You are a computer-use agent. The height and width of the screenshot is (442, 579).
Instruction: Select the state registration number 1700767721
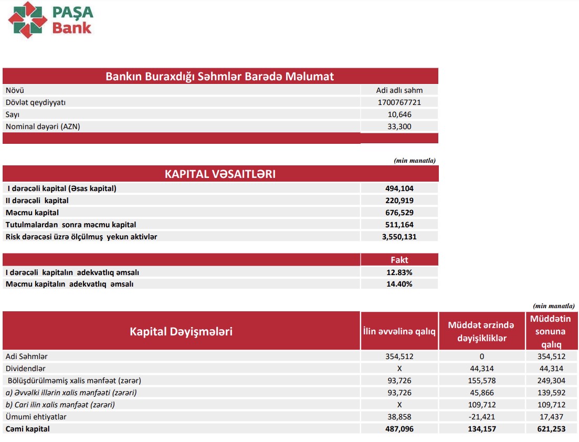[399, 102]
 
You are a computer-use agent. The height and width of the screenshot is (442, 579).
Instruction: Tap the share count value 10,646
[399, 114]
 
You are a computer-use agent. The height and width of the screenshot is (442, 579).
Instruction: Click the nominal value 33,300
[399, 127]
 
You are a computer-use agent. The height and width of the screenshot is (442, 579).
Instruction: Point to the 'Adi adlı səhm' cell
[399, 90]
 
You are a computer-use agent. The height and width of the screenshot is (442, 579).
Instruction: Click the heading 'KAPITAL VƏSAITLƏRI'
[220, 174]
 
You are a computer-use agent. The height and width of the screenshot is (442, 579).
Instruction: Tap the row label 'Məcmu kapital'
[32, 213]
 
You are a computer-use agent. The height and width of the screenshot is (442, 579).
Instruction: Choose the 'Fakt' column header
[399, 260]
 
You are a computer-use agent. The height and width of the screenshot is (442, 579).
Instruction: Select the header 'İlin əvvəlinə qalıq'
[399, 331]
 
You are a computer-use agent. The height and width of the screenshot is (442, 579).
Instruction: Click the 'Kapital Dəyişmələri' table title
[181, 332]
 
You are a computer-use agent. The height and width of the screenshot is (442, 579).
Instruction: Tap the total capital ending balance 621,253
[551, 429]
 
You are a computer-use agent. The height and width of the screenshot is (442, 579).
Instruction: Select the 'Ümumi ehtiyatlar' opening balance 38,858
[399, 417]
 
